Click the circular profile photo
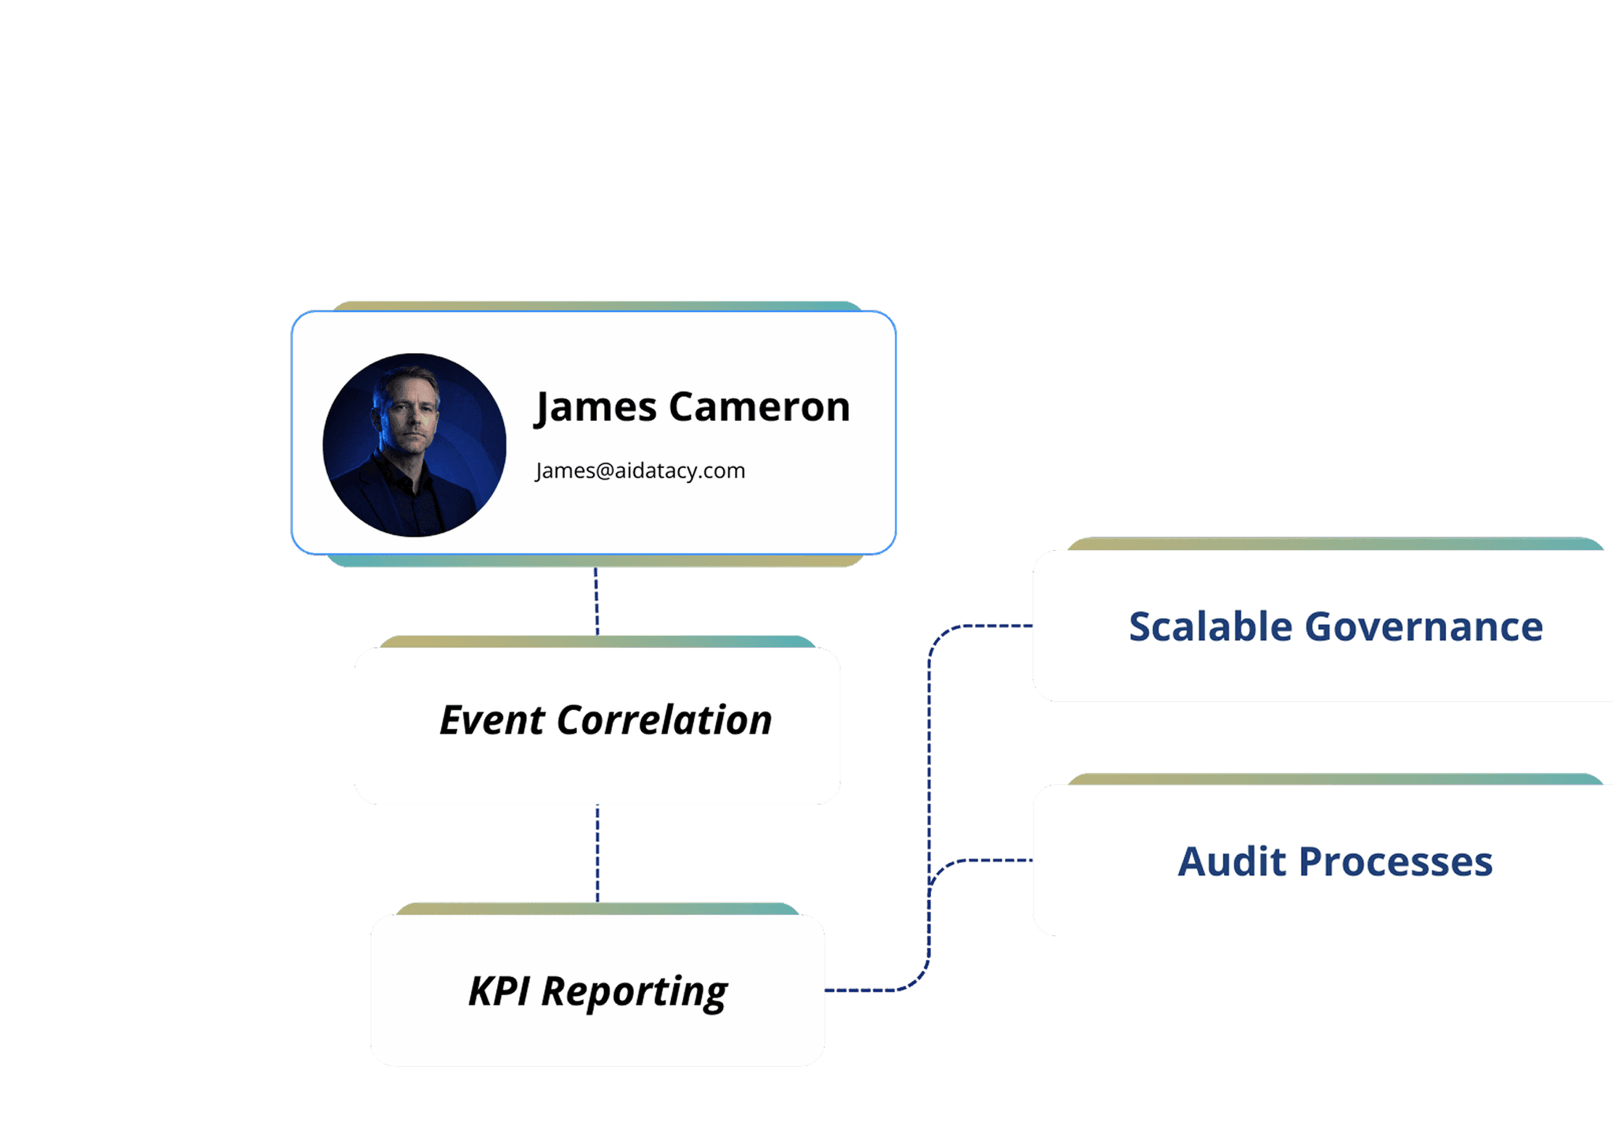(414, 445)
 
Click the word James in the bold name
(595, 407)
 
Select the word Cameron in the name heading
(759, 407)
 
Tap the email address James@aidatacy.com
(640, 470)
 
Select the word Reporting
(634, 992)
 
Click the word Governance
(1424, 627)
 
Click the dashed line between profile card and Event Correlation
(596, 601)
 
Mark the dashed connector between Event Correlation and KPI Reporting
(597, 853)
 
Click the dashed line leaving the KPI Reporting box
(862, 990)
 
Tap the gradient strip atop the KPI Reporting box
(597, 909)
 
